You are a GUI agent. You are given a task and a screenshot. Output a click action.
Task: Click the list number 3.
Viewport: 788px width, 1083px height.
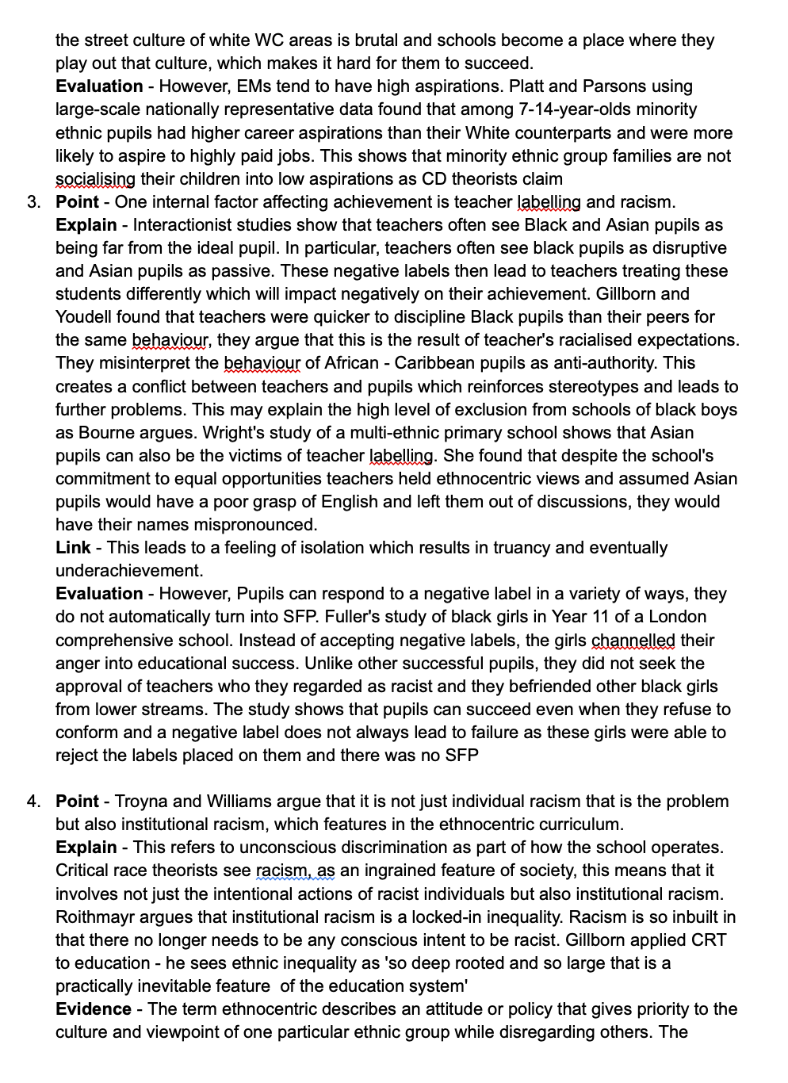[33, 202]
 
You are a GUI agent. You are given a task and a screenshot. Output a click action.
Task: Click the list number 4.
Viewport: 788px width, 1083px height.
[33, 802]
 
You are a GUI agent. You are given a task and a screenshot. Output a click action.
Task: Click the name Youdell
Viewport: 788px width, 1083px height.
[87, 317]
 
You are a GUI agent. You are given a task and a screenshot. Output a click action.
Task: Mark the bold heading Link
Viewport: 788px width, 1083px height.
[73, 548]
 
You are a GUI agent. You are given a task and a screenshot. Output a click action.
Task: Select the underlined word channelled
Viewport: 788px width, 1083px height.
[633, 641]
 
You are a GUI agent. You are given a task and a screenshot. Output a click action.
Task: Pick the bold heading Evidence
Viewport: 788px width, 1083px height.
[94, 1009]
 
